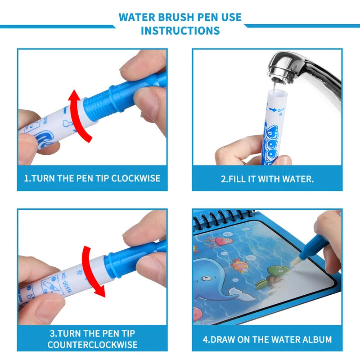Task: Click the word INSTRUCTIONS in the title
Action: pos(180,31)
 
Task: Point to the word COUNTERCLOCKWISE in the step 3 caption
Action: pos(92,345)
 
